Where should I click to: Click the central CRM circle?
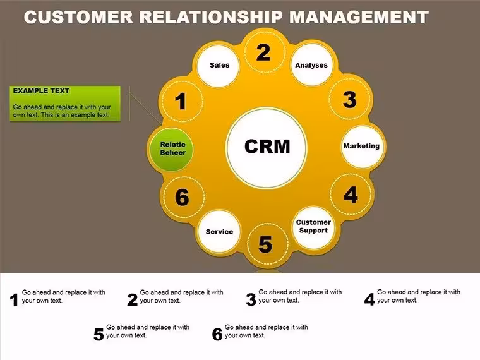tap(267, 147)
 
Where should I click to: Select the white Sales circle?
tap(219, 66)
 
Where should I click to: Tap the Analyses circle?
tap(311, 64)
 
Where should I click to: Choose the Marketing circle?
tap(363, 147)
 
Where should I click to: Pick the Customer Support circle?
tap(314, 227)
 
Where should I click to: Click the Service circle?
tap(220, 231)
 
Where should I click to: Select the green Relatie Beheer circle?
tap(171, 149)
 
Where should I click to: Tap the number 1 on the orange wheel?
tap(181, 101)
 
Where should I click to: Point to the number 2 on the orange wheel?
tap(263, 52)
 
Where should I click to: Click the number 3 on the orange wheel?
tap(350, 100)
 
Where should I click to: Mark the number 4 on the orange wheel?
tap(351, 195)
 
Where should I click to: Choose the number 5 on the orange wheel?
tap(265, 244)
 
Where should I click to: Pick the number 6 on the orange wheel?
tap(182, 197)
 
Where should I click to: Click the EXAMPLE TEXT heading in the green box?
tap(41, 91)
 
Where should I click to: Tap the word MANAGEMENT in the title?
tap(359, 17)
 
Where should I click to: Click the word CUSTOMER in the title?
tap(78, 17)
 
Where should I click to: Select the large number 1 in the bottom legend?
tap(14, 300)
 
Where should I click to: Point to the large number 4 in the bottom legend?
tap(369, 299)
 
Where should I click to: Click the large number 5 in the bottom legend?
tap(99, 334)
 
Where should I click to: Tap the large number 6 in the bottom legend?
tap(217, 334)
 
